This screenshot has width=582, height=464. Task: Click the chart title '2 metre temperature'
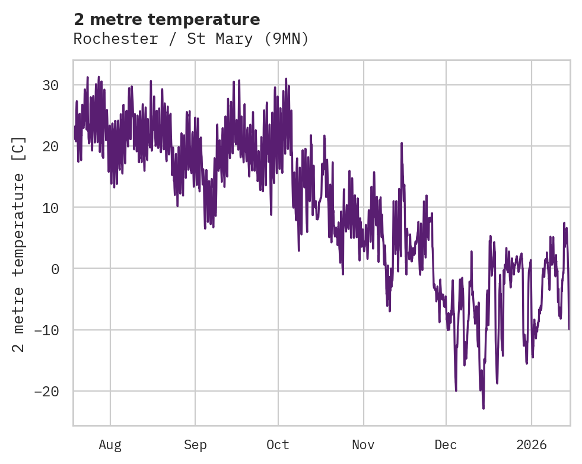click(167, 20)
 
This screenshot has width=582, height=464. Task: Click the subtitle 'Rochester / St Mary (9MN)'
click(191, 39)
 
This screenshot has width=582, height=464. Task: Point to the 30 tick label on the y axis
click(50, 85)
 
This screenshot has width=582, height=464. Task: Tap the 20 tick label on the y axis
click(50, 146)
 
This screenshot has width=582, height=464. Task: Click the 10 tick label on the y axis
click(50, 208)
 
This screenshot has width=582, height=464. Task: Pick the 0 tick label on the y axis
click(55, 269)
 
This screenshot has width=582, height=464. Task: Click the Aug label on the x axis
click(110, 444)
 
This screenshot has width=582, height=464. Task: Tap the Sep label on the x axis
click(195, 444)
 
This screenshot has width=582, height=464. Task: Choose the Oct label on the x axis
click(278, 444)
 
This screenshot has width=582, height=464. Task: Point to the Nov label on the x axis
click(363, 444)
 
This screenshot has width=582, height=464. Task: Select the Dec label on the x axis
click(446, 444)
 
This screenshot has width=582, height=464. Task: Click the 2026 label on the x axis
click(532, 444)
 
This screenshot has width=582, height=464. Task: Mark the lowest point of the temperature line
click(484, 408)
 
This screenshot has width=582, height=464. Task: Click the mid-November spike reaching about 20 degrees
click(402, 143)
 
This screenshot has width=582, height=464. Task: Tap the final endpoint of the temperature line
click(569, 329)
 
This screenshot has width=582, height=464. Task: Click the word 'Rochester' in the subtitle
click(106, 39)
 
